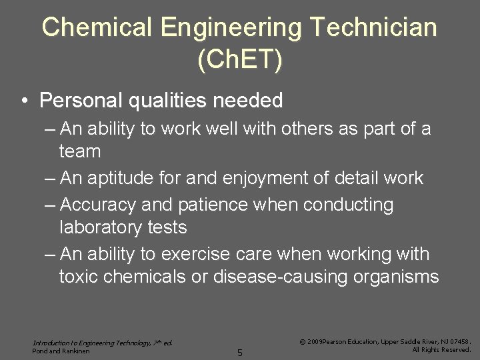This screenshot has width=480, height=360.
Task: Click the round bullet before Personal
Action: (23, 101)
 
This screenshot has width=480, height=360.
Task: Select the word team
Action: (80, 151)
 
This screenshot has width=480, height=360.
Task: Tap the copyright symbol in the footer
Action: (303, 341)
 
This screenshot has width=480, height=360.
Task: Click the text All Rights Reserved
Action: (441, 349)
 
